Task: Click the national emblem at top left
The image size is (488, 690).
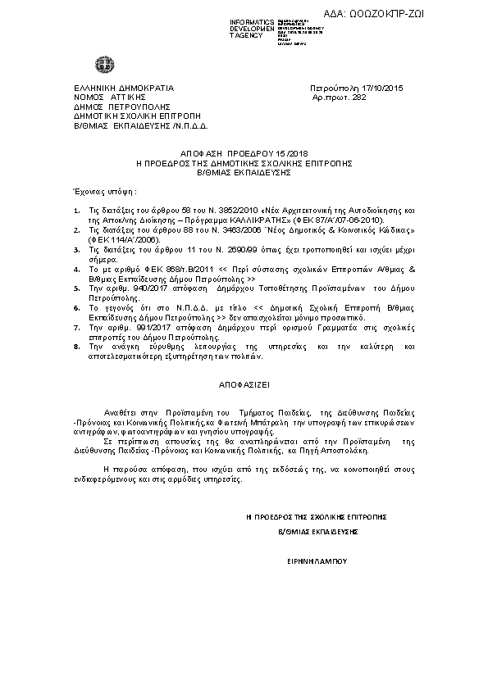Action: (105, 63)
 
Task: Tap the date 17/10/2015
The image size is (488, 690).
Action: (384, 88)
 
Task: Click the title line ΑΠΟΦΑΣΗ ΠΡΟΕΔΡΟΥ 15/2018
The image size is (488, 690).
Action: (244, 153)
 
